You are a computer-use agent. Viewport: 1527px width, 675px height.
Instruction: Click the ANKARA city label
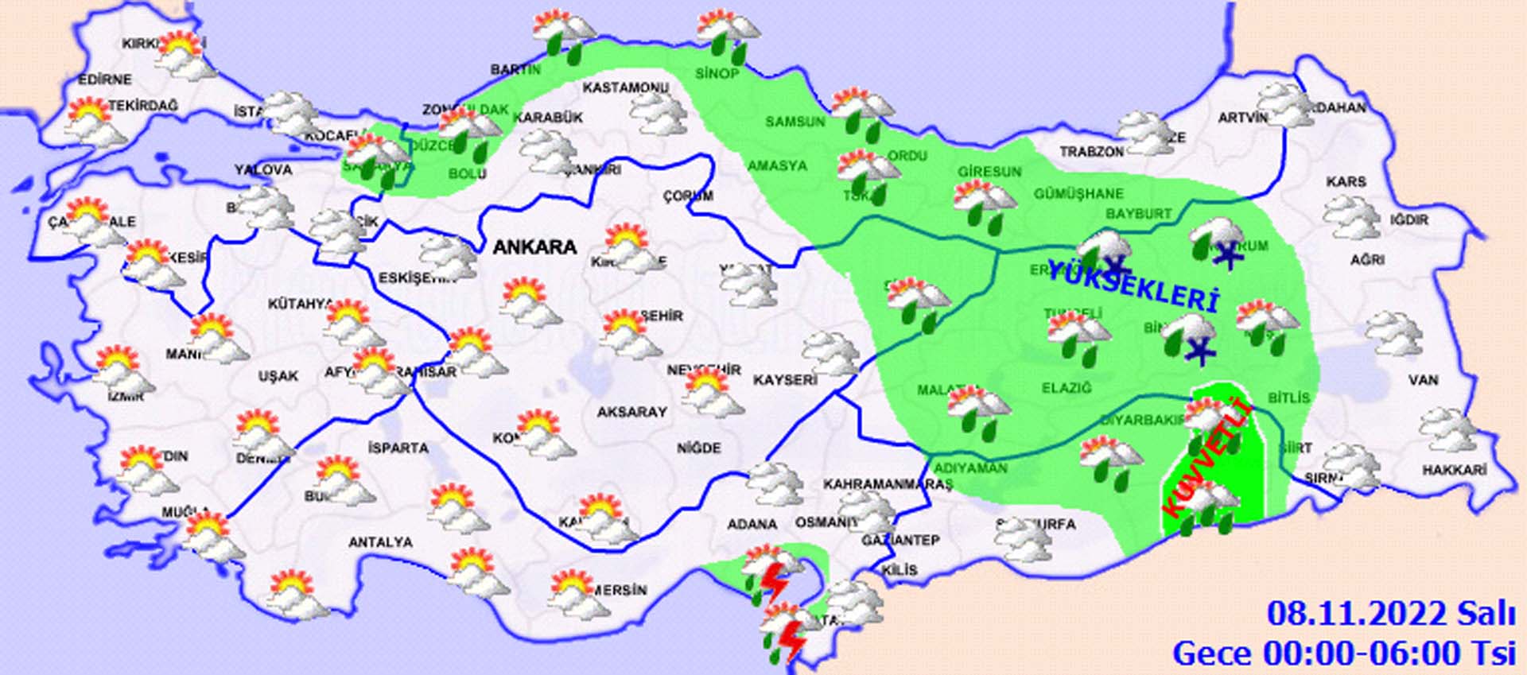coord(534,246)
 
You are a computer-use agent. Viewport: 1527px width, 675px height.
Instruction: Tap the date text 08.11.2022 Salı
coord(1390,614)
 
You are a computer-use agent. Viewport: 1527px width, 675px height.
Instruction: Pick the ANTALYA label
coord(380,542)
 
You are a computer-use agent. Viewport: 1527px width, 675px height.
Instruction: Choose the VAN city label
coord(1423,379)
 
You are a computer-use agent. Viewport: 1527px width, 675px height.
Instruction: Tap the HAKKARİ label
coord(1454,471)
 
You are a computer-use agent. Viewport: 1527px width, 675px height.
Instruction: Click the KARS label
coord(1346,182)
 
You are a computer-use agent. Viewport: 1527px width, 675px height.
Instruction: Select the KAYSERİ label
coord(785,380)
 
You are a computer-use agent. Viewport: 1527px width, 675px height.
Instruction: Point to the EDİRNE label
coord(105,80)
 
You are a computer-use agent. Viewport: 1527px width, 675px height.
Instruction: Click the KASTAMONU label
coord(625,87)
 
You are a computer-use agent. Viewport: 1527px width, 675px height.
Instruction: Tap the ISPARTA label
coord(398,448)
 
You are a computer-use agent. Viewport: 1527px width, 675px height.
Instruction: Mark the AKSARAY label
coord(632,412)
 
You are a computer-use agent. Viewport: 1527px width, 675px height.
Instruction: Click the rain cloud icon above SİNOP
coord(727,36)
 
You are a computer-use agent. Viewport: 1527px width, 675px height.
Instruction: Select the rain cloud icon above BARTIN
coord(564,35)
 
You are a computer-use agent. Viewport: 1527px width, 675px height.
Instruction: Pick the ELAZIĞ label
coord(1067,388)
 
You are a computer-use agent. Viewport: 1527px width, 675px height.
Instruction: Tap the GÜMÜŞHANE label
coord(1078,193)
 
